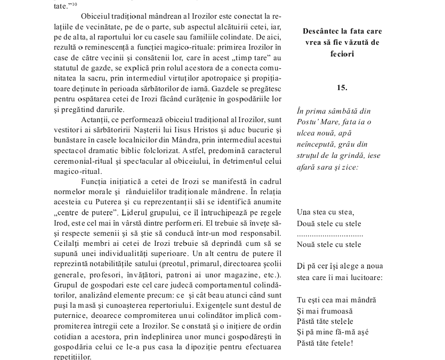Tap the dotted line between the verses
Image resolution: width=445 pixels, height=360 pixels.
pyautogui.click(x=330, y=234)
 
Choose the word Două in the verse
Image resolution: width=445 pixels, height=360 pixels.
pyautogui.click(x=307, y=223)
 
